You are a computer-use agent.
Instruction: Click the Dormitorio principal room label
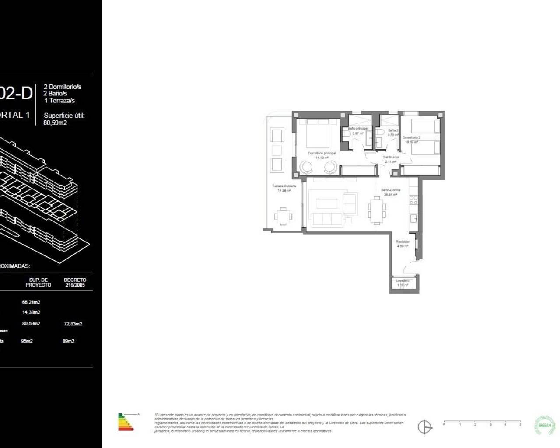click(322, 153)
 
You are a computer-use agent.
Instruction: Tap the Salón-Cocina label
click(390, 190)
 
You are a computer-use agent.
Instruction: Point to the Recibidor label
click(402, 241)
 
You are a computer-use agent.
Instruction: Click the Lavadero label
click(402, 280)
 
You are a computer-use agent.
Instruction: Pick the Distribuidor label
click(390, 157)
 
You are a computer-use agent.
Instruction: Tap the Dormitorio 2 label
click(411, 137)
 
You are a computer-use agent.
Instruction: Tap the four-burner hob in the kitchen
click(413, 200)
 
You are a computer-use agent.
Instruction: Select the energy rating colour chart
click(127, 422)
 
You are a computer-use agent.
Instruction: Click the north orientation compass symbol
click(424, 427)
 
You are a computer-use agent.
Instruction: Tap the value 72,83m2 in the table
click(73, 324)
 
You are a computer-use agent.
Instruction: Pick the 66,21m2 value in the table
click(31, 302)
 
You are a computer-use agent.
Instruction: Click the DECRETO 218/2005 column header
click(75, 282)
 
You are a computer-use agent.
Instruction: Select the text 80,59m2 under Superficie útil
click(55, 123)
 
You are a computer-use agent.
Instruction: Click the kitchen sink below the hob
click(413, 217)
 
